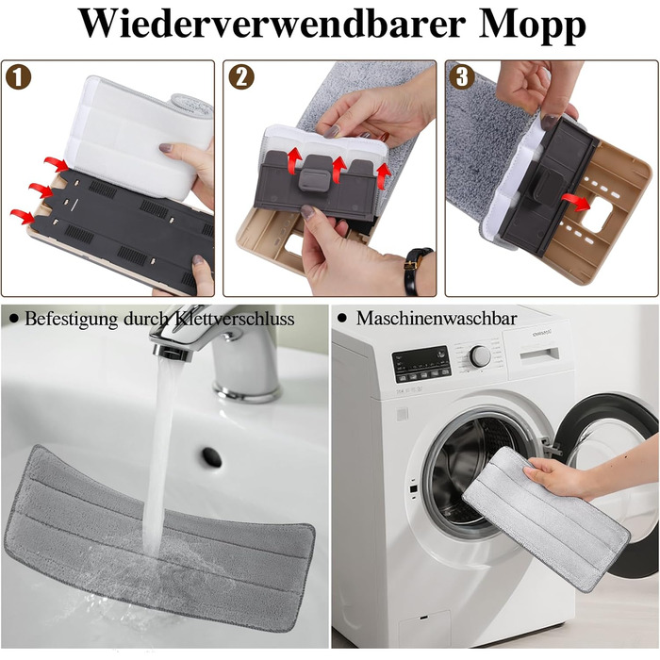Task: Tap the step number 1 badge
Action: coord(18,76)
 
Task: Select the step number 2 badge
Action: coord(241,76)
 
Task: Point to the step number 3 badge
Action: coord(462,76)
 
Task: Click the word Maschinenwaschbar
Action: coord(437,319)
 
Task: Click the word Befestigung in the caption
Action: coord(71,320)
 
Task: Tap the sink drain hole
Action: coord(212,457)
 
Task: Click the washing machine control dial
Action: coord(480,356)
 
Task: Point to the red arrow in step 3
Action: coord(576,202)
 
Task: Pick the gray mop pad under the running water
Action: coord(159,538)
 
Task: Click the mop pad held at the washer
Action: coord(546,519)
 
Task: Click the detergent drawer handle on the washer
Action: coord(539,355)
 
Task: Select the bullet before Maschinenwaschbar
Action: coord(341,319)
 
